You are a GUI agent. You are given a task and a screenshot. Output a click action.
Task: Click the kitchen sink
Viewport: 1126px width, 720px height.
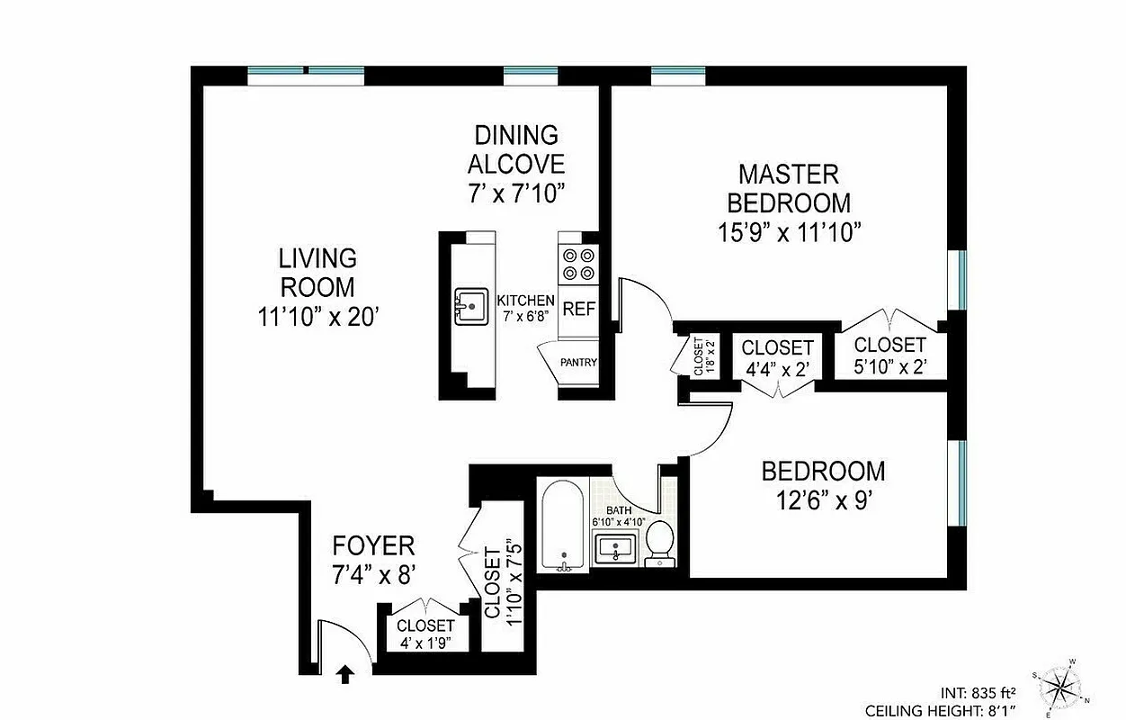[469, 307]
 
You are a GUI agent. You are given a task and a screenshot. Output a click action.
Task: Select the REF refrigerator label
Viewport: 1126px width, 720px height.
[579, 309]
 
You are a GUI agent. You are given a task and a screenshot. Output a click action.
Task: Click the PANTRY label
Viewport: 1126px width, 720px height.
[578, 363]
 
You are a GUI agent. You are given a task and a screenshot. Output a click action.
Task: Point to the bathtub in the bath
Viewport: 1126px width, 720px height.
[563, 526]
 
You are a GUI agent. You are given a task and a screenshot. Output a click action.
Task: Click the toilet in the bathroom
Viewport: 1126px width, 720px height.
[661, 541]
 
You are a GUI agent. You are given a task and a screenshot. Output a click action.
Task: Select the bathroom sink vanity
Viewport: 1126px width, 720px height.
[615, 546]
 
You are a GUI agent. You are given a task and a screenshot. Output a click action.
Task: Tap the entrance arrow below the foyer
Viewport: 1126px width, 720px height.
[345, 673]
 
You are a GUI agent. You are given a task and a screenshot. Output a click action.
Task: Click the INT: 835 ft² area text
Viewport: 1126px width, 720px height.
[979, 693]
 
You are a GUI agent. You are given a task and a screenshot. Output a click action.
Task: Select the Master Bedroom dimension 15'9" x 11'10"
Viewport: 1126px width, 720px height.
[789, 232]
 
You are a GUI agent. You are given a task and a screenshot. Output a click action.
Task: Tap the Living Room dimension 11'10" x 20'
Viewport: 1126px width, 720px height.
[317, 316]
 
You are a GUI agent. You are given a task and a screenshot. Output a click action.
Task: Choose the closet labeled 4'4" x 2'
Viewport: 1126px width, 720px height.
[777, 357]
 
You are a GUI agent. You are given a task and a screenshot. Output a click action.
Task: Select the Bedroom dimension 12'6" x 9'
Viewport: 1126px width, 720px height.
[823, 500]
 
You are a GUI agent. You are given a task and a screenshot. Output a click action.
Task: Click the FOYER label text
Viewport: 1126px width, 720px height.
[373, 545]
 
